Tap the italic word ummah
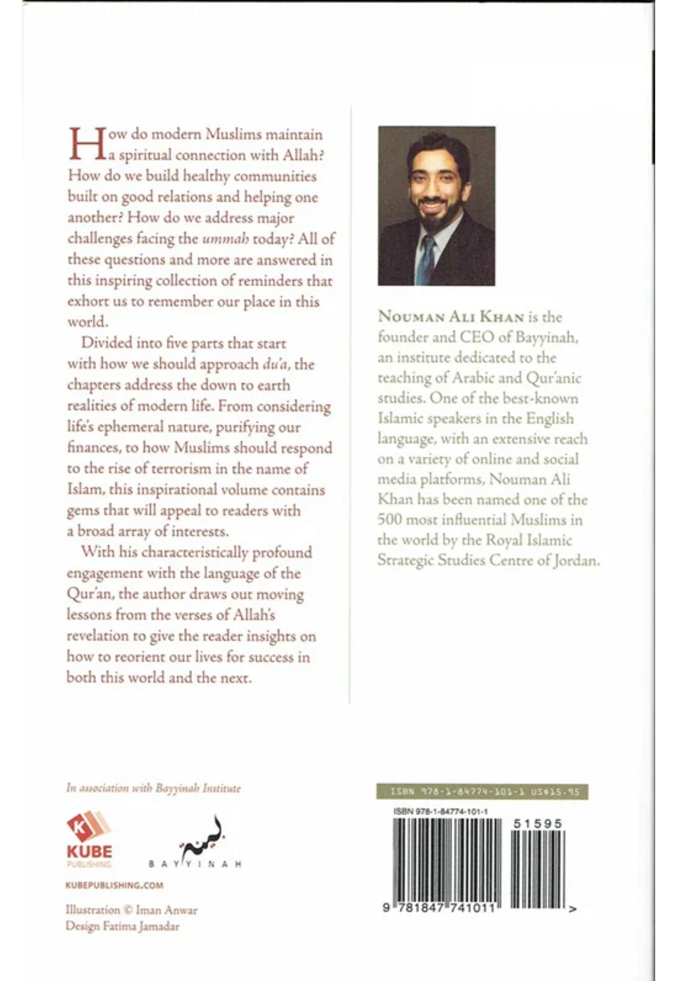226,239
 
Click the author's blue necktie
425,259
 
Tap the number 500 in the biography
391,520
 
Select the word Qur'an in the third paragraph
91,594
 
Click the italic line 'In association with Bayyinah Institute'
153,788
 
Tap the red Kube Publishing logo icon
87,827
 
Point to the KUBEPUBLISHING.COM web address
114,885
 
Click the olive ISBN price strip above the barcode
481,792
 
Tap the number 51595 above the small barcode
538,823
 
